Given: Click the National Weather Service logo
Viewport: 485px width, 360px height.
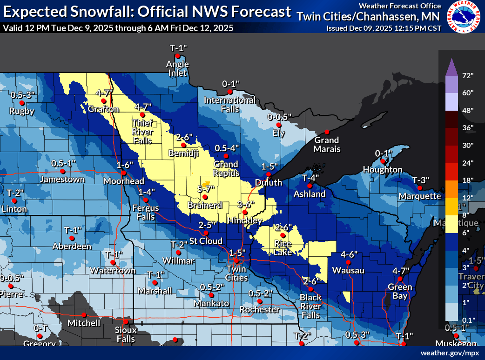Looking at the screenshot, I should (x=465, y=17).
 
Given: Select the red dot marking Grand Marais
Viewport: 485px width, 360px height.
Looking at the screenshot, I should (x=327, y=132).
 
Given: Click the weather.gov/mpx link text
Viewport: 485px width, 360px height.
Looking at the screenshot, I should (x=450, y=353).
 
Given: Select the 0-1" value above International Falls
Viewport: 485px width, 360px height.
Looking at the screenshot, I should (x=230, y=84).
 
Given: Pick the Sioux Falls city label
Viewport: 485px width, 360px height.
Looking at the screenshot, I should (x=126, y=334).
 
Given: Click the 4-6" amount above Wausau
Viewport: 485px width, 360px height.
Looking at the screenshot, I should (x=349, y=254).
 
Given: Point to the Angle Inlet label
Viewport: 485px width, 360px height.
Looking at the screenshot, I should (x=178, y=68).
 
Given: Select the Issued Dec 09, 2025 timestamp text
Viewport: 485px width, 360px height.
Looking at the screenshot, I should (x=384, y=28).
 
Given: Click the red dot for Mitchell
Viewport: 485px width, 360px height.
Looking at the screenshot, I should (x=84, y=314).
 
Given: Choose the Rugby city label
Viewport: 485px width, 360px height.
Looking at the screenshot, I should (x=22, y=111).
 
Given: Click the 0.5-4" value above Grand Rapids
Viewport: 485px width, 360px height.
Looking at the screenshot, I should (x=227, y=148).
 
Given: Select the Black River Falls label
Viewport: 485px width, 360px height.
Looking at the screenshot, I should (x=310, y=306).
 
